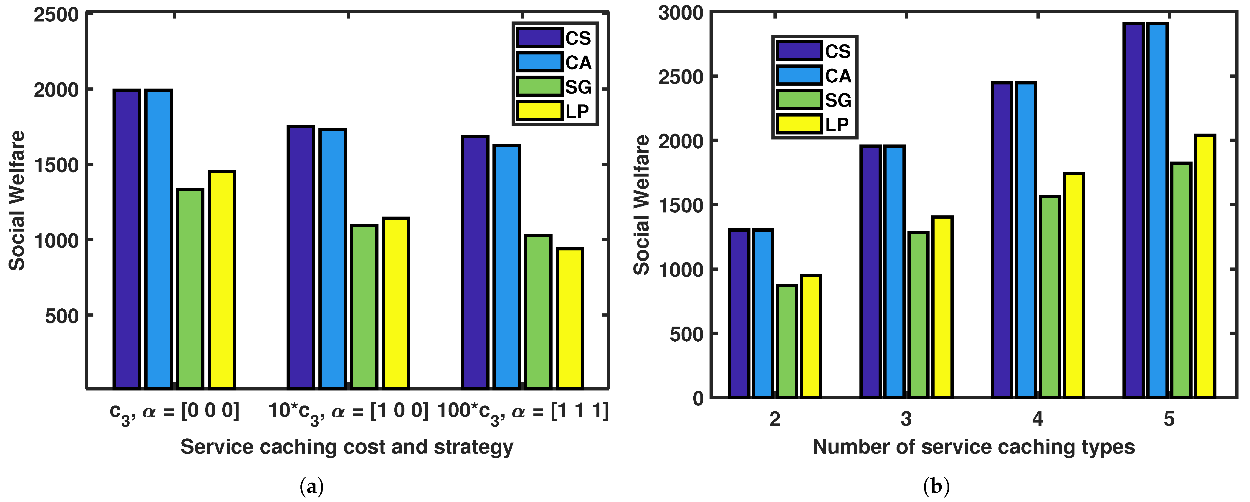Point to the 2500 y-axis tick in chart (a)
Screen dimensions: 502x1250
click(56, 14)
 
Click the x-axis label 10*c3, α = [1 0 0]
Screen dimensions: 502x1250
click(348, 412)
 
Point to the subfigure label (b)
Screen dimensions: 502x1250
click(936, 486)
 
